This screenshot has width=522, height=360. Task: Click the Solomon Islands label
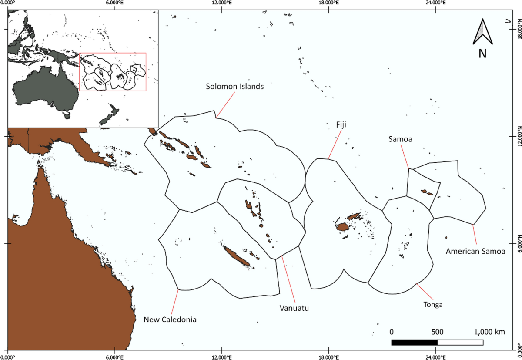point(235,86)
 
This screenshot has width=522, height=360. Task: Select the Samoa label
point(400,139)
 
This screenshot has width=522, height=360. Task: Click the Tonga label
point(432,304)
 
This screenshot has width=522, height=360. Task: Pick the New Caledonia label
point(171,320)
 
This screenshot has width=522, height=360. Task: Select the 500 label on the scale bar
point(437,332)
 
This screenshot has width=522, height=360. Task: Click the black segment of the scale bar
point(414,342)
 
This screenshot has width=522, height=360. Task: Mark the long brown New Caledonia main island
point(236,257)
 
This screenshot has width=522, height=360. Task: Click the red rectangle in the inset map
point(112,72)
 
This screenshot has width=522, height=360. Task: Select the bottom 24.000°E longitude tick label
point(436,357)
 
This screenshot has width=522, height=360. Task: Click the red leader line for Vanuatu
point(288,279)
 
